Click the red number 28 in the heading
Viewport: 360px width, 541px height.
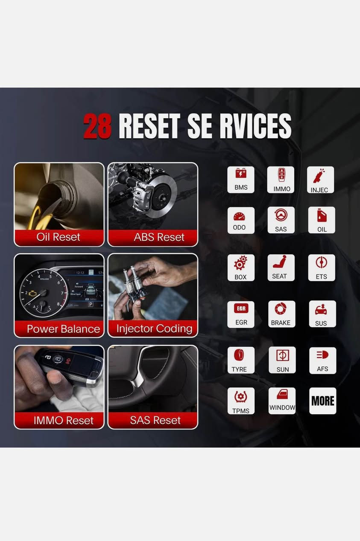pyautogui.click(x=97, y=126)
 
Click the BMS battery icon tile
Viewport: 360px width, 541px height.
pyautogui.click(x=241, y=179)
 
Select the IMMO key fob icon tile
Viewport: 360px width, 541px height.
pyautogui.click(x=281, y=179)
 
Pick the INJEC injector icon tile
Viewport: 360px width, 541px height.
pyautogui.click(x=320, y=179)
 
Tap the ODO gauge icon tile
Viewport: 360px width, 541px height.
pyautogui.click(x=241, y=220)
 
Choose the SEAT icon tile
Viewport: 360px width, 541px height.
pyautogui.click(x=281, y=268)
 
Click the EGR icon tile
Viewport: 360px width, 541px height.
pyautogui.click(x=241, y=314)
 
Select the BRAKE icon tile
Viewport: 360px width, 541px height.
pyautogui.click(x=281, y=314)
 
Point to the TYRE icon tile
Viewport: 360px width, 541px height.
pyautogui.click(x=241, y=360)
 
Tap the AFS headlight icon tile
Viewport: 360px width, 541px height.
pyautogui.click(x=322, y=360)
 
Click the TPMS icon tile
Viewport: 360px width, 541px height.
pyautogui.click(x=241, y=401)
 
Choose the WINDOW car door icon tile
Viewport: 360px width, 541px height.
pyautogui.click(x=282, y=401)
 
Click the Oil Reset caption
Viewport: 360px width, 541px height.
pyautogui.click(x=59, y=237)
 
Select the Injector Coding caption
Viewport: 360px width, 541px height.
pyautogui.click(x=154, y=329)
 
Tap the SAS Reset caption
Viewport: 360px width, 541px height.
pyautogui.click(x=155, y=420)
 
